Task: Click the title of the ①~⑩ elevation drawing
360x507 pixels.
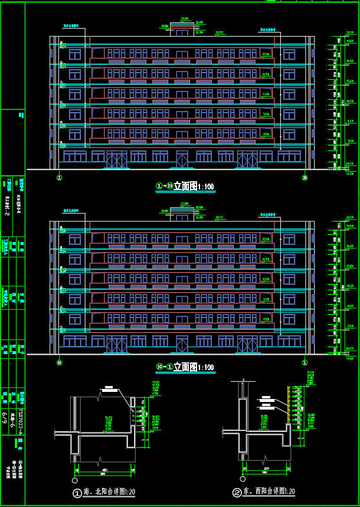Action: tap(185, 187)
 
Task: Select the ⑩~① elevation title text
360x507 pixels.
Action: tap(185, 368)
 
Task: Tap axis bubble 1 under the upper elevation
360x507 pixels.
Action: tap(59, 176)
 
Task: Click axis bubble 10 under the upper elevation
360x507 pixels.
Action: tap(305, 176)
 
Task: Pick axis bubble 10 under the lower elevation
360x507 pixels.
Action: tap(59, 362)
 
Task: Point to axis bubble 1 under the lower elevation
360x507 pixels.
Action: tap(305, 362)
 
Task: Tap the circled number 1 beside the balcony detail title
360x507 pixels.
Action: tap(76, 493)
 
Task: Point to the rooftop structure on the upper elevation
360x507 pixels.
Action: tap(181, 29)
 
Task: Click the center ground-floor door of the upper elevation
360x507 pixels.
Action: tap(182, 159)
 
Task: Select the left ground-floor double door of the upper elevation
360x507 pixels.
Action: tap(116, 159)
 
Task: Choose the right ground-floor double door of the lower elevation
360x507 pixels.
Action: tap(247, 344)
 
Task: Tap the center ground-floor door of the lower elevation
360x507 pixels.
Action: tap(182, 344)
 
